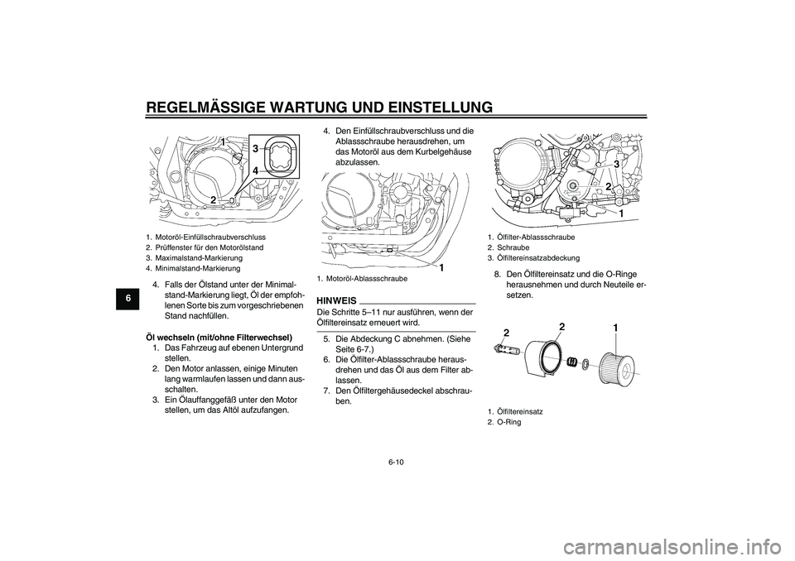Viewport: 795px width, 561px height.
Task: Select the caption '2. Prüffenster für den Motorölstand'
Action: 205,247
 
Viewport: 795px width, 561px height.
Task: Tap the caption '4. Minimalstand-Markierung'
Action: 193,268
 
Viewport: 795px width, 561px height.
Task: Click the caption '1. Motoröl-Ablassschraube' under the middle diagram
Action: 363,279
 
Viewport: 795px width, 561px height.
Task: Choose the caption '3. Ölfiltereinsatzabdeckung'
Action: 533,257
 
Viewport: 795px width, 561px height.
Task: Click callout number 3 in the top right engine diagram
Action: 616,164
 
